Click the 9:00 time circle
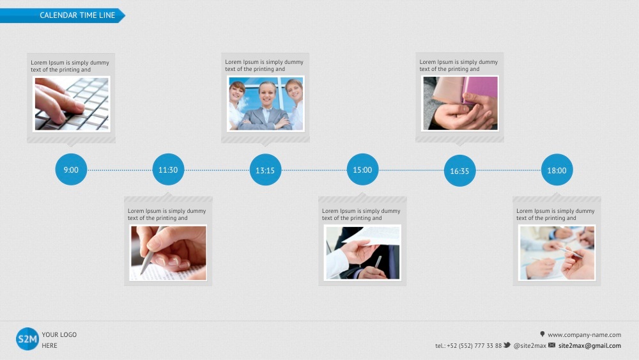click(71, 169)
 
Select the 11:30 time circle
click(168, 169)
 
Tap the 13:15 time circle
click(265, 170)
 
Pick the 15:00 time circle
click(363, 169)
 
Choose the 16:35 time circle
click(459, 171)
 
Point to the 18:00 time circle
click(557, 170)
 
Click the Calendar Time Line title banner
click(63, 15)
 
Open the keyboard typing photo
click(72, 104)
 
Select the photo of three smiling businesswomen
click(266, 104)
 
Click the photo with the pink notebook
click(460, 103)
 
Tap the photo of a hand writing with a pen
click(168, 253)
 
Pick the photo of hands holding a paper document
click(363, 253)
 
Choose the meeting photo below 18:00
click(557, 253)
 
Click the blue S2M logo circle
click(27, 339)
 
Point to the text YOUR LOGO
click(59, 334)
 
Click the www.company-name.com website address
click(585, 334)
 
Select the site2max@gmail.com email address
click(590, 346)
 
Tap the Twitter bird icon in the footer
click(507, 345)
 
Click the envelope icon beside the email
click(552, 345)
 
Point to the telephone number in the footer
click(468, 346)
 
